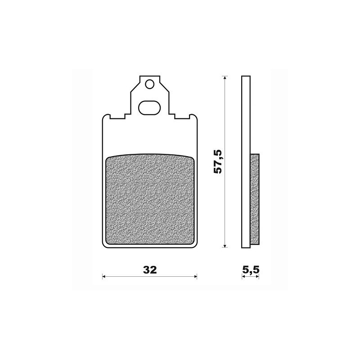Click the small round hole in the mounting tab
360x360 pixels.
[150, 84]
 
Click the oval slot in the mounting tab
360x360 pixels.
[149, 108]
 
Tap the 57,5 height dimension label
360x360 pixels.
[218, 161]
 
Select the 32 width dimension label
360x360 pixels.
[150, 270]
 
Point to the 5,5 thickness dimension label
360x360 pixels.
[251, 270]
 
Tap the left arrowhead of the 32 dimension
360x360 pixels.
[104, 276]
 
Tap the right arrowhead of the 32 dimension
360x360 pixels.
[195, 276]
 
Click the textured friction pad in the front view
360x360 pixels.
[150, 199]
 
